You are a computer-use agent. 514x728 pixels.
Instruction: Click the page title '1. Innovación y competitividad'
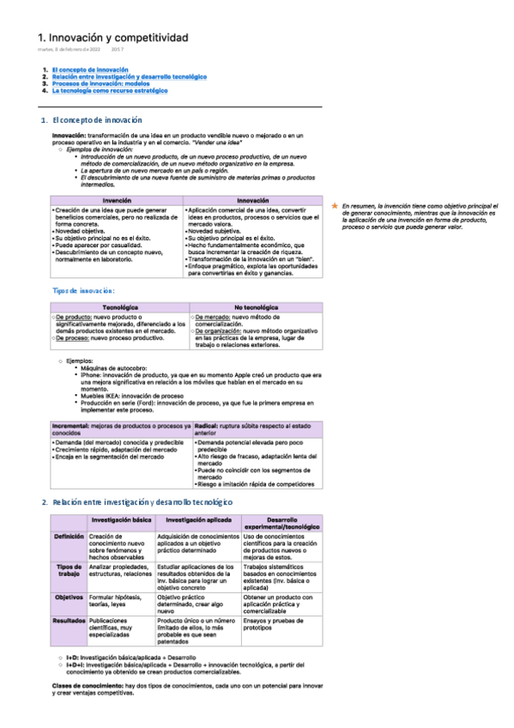point(113,38)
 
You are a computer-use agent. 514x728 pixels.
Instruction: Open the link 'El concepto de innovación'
point(90,69)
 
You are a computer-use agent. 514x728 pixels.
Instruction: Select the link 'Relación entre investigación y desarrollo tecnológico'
point(130,76)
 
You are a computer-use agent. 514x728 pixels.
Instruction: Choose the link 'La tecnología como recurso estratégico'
point(110,90)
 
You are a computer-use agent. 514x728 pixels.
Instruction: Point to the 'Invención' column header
point(117,200)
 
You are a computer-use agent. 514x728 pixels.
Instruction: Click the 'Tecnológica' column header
point(120,306)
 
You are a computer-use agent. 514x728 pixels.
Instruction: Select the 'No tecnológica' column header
point(256,306)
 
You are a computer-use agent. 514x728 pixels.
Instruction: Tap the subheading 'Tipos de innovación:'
point(84,292)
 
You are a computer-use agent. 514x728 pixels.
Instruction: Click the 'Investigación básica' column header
point(122,520)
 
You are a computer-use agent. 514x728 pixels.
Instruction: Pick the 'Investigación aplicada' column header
point(197,520)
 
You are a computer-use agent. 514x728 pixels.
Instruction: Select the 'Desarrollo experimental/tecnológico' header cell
point(281,524)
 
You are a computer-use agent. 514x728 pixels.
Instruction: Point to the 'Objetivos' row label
point(69,597)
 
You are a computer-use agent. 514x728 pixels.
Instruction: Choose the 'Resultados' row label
point(69,619)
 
